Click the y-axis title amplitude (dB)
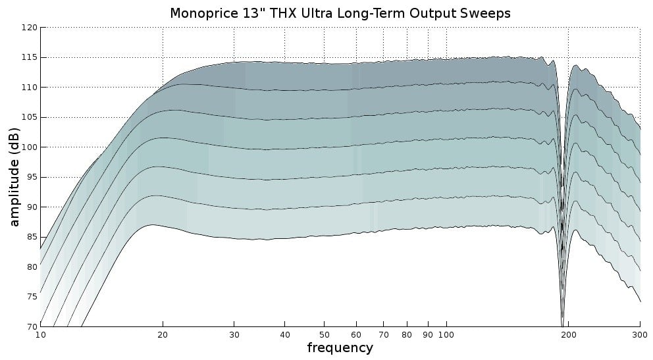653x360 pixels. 14,176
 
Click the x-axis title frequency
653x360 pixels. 340,348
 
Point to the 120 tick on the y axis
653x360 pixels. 30,28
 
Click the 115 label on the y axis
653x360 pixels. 30,58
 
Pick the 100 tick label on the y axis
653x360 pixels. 30,147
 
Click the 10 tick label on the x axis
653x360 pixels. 40,334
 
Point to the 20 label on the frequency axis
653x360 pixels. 163,334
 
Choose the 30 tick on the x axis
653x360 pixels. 234,334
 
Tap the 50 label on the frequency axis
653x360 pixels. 324,334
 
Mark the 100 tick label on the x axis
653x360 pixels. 446,334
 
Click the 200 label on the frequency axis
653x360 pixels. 569,334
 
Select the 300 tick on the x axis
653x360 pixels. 640,334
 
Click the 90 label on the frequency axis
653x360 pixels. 428,334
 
